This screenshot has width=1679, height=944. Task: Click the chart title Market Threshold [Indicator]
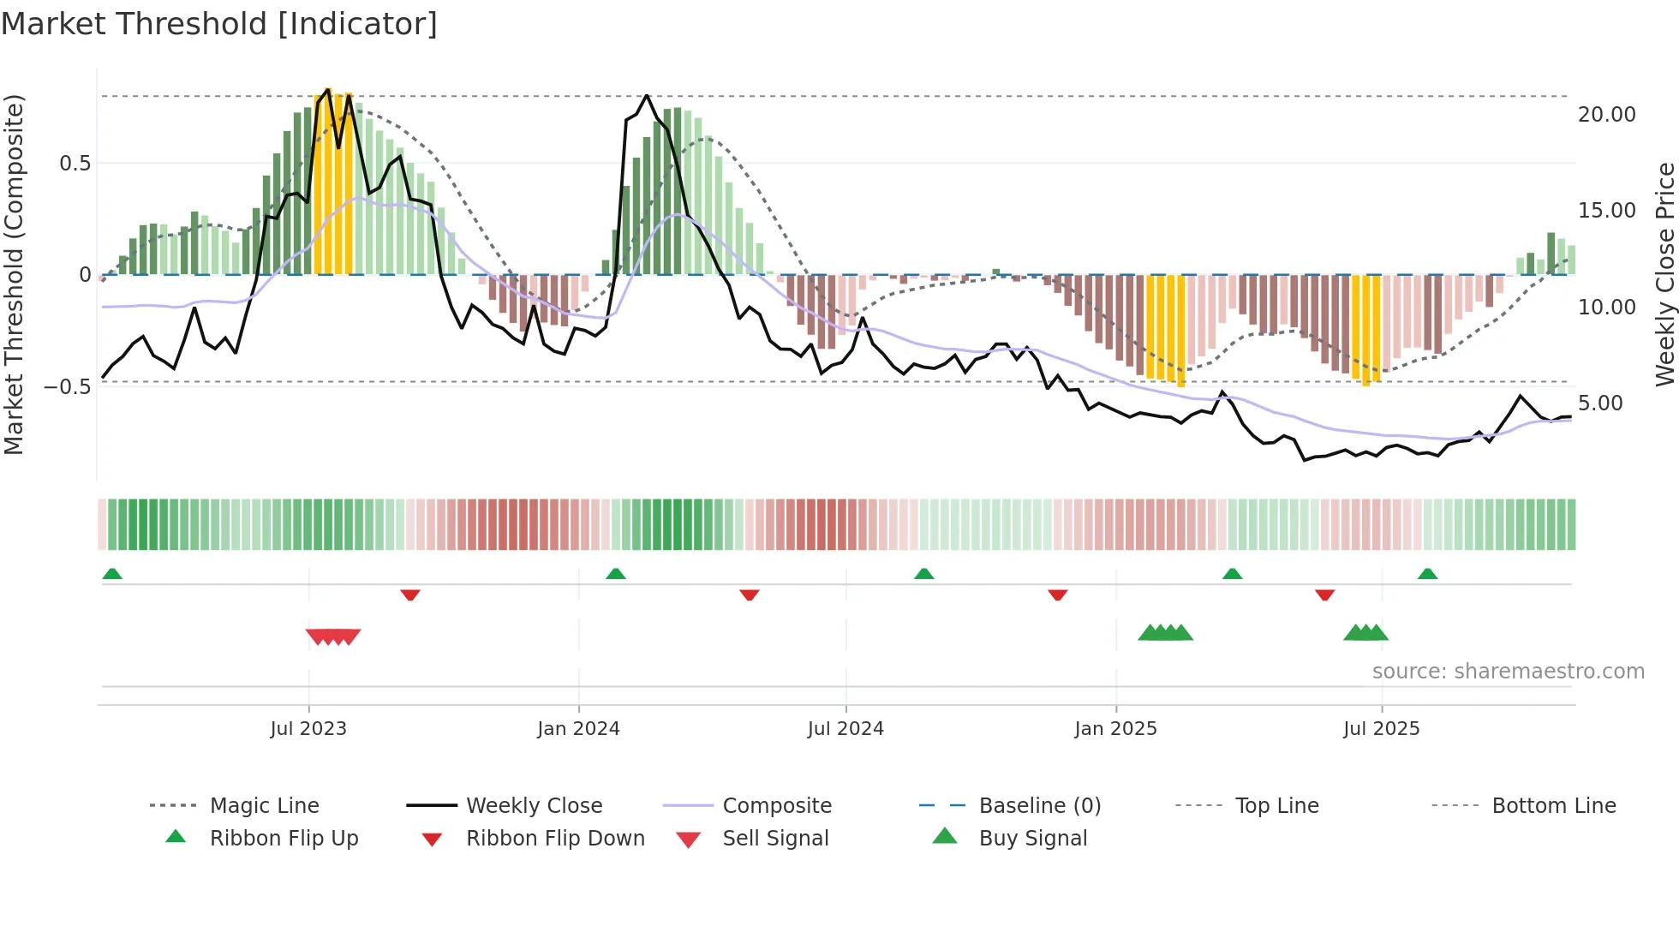pyautogui.click(x=219, y=24)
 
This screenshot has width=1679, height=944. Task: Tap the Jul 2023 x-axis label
pyautogui.click(x=308, y=729)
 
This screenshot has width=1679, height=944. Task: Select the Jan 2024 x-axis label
pyautogui.click(x=578, y=729)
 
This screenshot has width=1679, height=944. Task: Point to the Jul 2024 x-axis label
pyautogui.click(x=845, y=729)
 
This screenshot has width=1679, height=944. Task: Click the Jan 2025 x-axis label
pyautogui.click(x=1115, y=729)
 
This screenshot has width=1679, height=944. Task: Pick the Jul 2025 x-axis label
pyautogui.click(x=1381, y=729)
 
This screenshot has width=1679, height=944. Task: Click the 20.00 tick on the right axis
pyautogui.click(x=1606, y=115)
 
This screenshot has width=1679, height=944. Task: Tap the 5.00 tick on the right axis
pyautogui.click(x=1600, y=403)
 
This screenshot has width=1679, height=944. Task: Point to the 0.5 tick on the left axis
pyautogui.click(x=75, y=164)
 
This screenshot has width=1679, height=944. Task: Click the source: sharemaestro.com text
pyautogui.click(x=1508, y=672)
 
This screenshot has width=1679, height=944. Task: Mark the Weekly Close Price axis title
pyautogui.click(x=1664, y=274)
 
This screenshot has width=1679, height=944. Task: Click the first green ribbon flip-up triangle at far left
pyautogui.click(x=112, y=574)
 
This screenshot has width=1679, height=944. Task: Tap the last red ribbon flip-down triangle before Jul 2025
pyautogui.click(x=1324, y=594)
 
